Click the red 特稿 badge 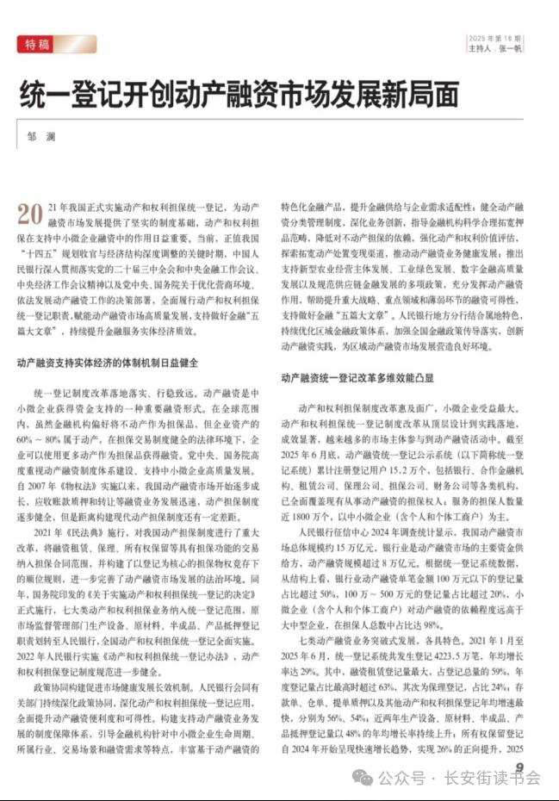(x=56, y=44)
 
